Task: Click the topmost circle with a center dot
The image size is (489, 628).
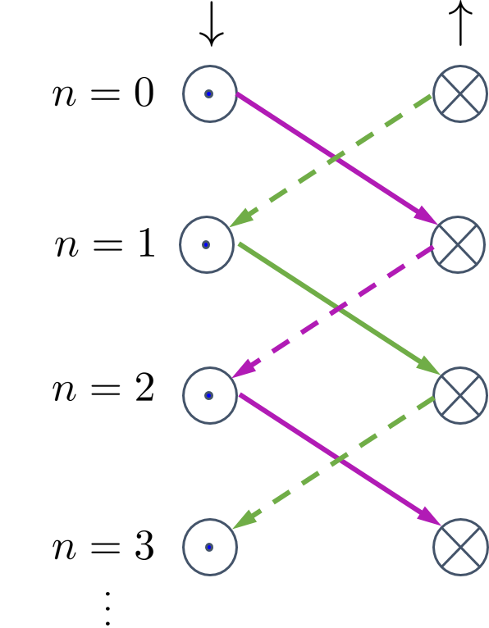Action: (x=210, y=94)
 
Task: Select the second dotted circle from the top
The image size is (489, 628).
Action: (x=207, y=244)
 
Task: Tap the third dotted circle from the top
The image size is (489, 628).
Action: (x=210, y=395)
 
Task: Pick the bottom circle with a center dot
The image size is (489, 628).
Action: (x=210, y=547)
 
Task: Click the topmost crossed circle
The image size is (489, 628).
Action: (x=460, y=94)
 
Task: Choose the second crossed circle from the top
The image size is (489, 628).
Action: (x=458, y=244)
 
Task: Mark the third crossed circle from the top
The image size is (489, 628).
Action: (x=460, y=395)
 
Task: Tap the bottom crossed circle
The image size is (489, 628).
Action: (x=460, y=547)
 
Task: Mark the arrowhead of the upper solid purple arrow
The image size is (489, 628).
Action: (x=426, y=216)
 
